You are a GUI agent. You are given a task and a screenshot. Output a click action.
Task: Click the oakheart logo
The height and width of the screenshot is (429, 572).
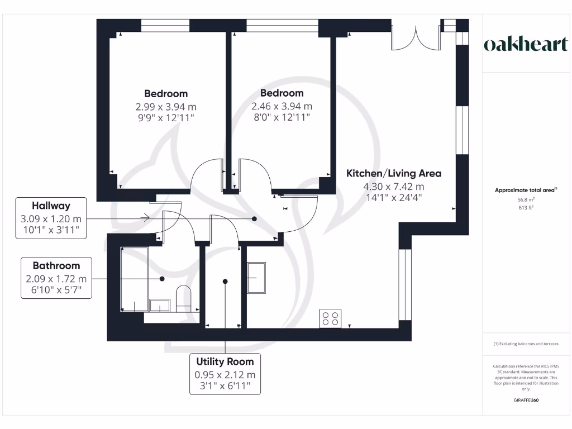pos(526,44)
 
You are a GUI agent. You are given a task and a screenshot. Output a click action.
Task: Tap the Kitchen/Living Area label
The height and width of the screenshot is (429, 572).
pos(394,173)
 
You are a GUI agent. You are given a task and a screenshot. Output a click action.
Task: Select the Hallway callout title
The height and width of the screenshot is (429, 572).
pos(51,206)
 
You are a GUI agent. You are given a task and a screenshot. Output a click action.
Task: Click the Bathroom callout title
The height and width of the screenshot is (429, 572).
pos(56,265)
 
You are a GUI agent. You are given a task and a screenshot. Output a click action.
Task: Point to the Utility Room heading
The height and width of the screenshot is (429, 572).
pos(225,361)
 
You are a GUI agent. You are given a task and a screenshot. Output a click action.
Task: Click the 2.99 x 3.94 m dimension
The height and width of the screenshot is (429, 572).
pos(166,107)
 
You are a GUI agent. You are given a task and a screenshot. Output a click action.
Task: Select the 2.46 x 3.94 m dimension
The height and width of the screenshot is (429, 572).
pos(282,106)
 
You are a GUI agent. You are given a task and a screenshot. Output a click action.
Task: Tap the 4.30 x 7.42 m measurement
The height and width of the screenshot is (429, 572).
pos(394,187)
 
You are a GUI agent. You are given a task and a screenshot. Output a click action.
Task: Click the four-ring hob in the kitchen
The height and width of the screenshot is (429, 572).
pos(330,318)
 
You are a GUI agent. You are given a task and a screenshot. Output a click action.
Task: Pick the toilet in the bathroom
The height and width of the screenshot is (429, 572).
pos(183,298)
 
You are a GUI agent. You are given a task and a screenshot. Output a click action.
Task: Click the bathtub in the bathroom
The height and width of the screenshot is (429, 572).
pos(134,279)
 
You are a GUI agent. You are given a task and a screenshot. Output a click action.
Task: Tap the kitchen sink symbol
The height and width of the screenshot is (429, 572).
pos(256,278)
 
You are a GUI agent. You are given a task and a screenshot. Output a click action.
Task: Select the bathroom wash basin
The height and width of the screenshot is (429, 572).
pos(160,306)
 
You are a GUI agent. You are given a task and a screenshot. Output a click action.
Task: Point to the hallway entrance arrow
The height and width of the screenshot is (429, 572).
pos(145,218)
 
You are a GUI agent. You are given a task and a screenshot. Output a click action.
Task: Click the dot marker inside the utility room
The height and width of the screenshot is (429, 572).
pos(225,282)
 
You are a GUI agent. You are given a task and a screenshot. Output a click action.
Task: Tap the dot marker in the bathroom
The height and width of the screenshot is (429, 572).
pos(162,279)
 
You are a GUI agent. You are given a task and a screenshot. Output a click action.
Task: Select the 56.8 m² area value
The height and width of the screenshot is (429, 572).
pos(526,199)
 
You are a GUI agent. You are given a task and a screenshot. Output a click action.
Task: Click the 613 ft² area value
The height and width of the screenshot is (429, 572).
pos(526,208)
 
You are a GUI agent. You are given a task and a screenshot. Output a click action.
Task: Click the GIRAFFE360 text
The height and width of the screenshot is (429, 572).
pos(526,400)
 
